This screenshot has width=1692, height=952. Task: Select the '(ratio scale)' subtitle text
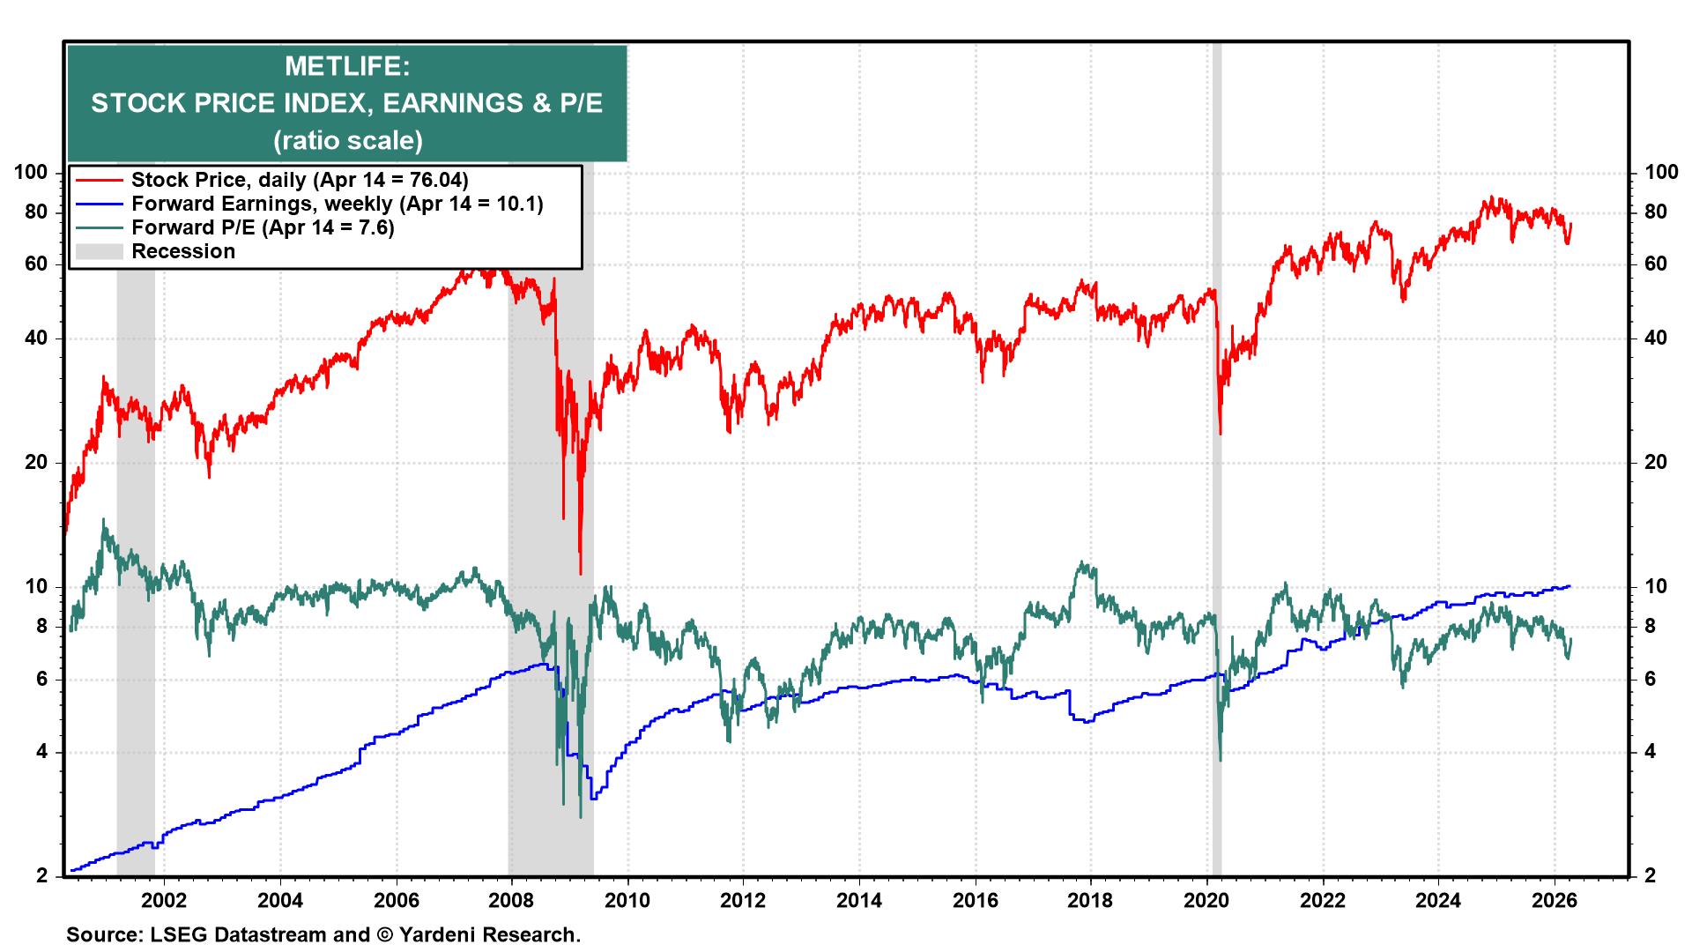[x=347, y=140]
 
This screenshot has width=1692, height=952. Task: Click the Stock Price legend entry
[x=299, y=180]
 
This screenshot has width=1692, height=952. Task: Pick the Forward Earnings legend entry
[x=336, y=204]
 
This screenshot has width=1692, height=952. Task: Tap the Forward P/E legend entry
[x=262, y=227]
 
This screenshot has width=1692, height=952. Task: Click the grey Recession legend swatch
[x=98, y=251]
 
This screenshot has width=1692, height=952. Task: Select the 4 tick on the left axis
[x=40, y=753]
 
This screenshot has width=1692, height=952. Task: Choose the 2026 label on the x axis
[x=1555, y=902]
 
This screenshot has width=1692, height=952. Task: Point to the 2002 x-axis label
[x=164, y=902]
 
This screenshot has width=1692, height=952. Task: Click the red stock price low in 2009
[x=580, y=573]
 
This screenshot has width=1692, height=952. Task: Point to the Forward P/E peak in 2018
[x=1083, y=562]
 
